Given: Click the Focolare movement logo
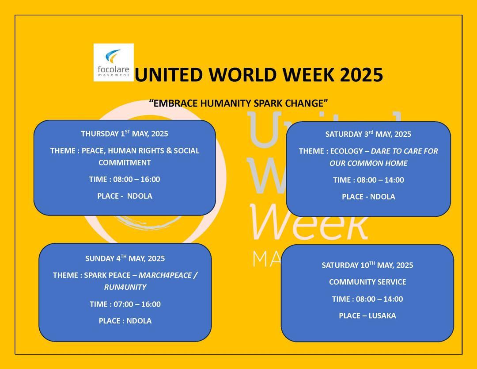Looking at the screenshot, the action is pos(114,62).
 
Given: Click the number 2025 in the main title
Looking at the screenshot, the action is pos(361,75).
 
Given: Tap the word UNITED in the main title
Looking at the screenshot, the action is pos(169,75).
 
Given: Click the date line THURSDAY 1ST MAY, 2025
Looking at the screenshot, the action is pos(125,134).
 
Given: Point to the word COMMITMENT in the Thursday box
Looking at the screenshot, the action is pos(125,162).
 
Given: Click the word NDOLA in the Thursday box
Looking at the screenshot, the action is pos(140,196).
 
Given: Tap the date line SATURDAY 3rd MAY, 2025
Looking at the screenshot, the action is pos(368,134).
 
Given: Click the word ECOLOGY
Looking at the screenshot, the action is pos(347,151).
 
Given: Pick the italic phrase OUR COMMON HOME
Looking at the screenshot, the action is pos(368,163).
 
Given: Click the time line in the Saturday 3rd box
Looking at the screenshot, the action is pos(368,180).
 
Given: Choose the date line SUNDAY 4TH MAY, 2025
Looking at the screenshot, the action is pos(125,258).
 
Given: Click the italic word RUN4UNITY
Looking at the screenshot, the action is pos(125,287).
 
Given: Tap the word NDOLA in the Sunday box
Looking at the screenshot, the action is pos(139,320).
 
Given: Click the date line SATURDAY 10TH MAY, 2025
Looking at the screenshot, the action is pos(367,265).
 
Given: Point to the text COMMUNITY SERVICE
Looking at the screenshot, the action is pos(367,282).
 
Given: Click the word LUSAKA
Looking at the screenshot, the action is pos(382,315).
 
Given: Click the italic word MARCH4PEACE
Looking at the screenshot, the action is pos(165,275).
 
